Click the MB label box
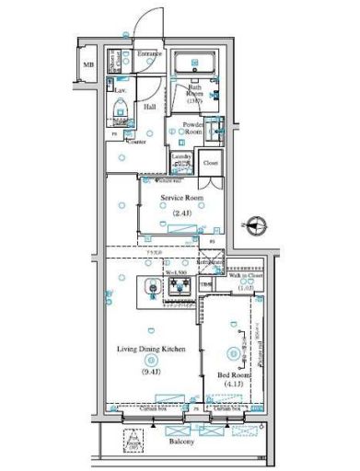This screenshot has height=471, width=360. pyautogui.click(x=89, y=66)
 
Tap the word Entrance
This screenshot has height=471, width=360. pyautogui.click(x=150, y=54)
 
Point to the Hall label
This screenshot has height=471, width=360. pyautogui.click(x=149, y=107)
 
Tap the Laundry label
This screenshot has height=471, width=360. pyautogui.click(x=181, y=157)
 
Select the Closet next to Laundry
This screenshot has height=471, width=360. pyautogui.click(x=211, y=163)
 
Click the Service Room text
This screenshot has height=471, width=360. pyautogui.click(x=180, y=198)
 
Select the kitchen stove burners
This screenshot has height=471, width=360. pyautogui.click(x=176, y=288)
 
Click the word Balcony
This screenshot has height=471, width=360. pyautogui.click(x=181, y=442)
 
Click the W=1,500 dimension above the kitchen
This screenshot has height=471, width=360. pyautogui.click(x=178, y=273)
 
